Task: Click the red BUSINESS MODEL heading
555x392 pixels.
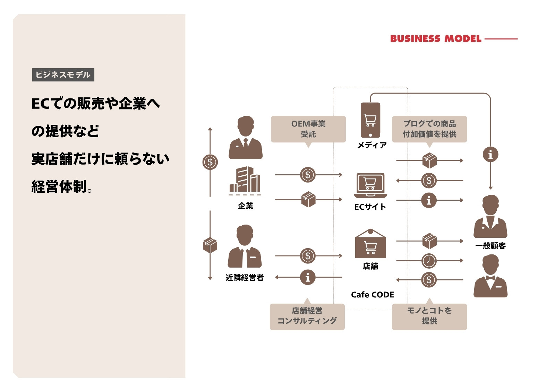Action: (436, 38)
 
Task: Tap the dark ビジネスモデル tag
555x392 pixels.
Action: (63, 75)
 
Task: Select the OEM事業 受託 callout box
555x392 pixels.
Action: (308, 129)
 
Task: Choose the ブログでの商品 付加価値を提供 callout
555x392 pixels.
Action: (429, 129)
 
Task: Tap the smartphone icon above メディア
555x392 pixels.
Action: (370, 120)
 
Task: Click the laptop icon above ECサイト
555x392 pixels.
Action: (370, 185)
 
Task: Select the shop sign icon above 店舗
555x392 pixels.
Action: (370, 244)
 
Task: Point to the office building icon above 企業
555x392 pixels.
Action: (245, 180)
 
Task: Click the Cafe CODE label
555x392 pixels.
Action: (373, 295)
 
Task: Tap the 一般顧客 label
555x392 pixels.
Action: (490, 246)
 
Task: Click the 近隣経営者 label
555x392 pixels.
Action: (245, 278)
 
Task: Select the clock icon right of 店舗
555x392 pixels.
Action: (429, 261)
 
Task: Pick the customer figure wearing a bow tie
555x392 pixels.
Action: (490, 276)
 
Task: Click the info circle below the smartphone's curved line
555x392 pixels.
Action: (490, 155)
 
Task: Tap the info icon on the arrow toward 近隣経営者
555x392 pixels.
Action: (308, 277)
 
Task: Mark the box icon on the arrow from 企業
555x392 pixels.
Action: (308, 199)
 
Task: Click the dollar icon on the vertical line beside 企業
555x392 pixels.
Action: (210, 162)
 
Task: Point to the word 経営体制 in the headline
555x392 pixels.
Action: (59, 186)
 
